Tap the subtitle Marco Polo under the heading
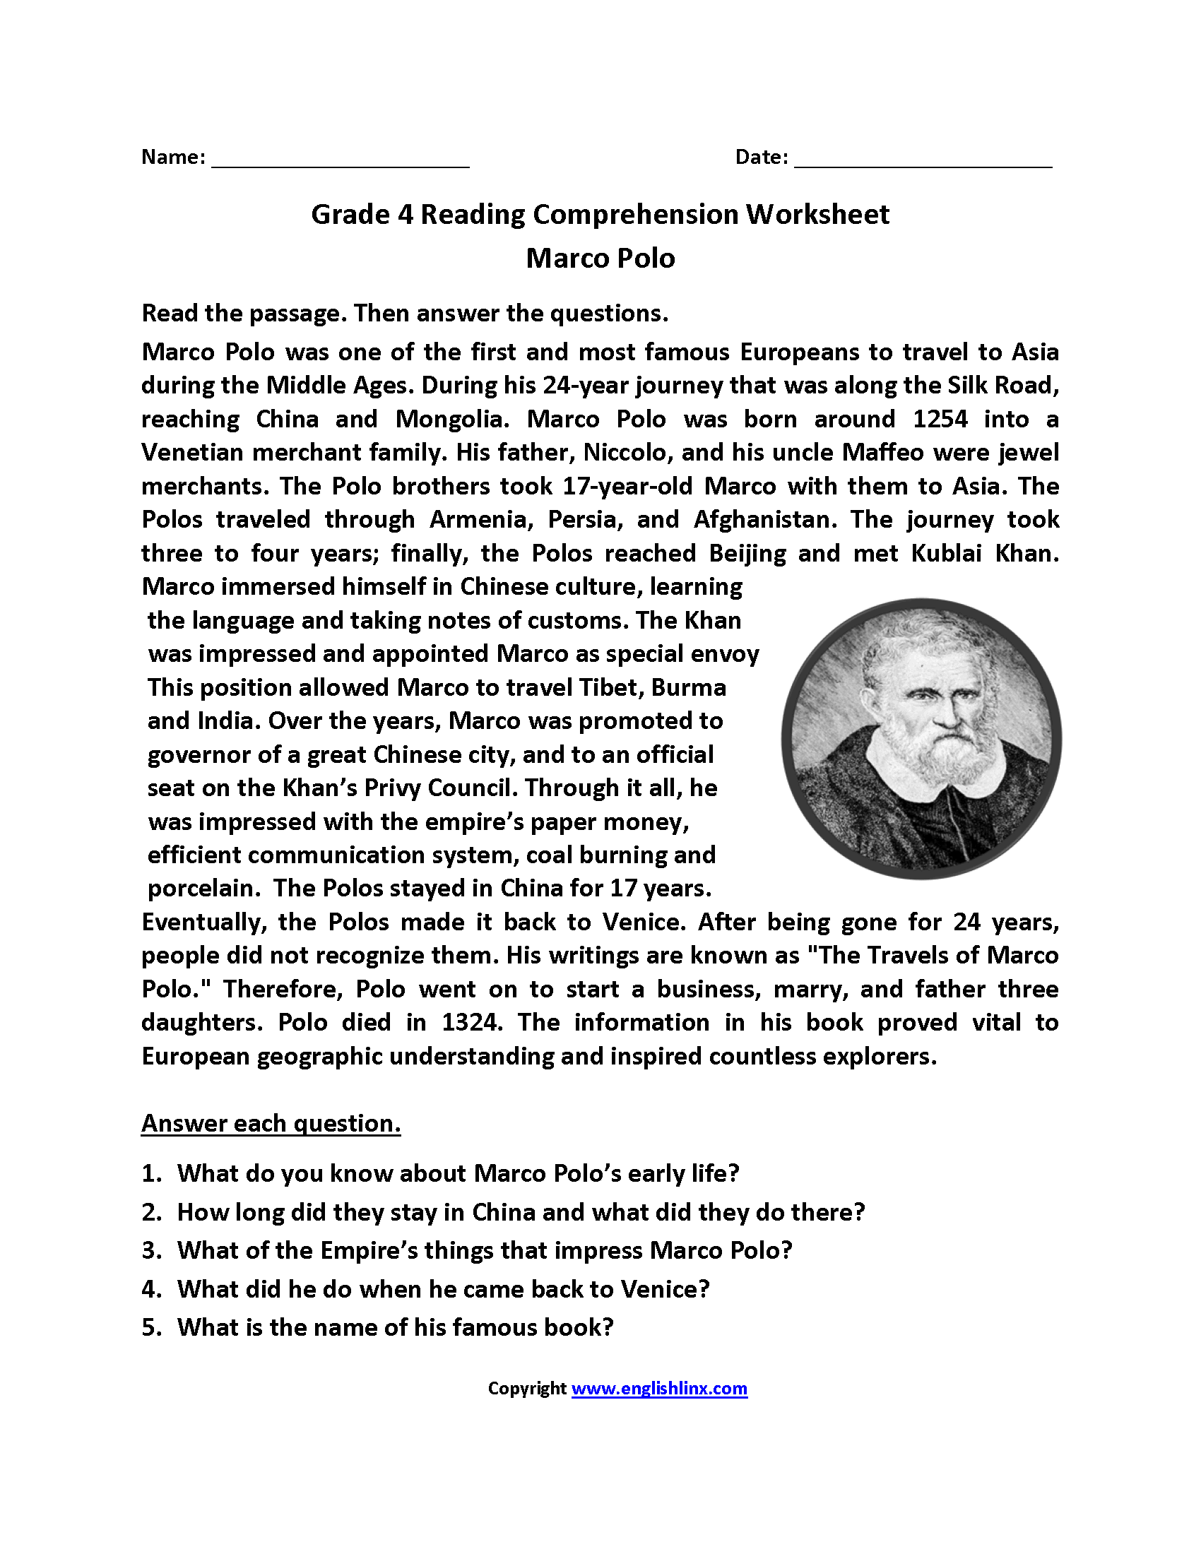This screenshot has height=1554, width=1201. click(x=600, y=259)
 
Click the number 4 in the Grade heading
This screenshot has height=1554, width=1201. click(x=405, y=215)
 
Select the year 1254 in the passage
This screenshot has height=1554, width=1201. click(x=940, y=419)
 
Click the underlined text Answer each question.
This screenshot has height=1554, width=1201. click(x=271, y=1124)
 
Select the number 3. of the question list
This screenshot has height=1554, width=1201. click(x=152, y=1251)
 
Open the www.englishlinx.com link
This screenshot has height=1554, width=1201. click(x=659, y=1388)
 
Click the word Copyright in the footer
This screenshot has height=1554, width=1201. click(x=526, y=1388)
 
